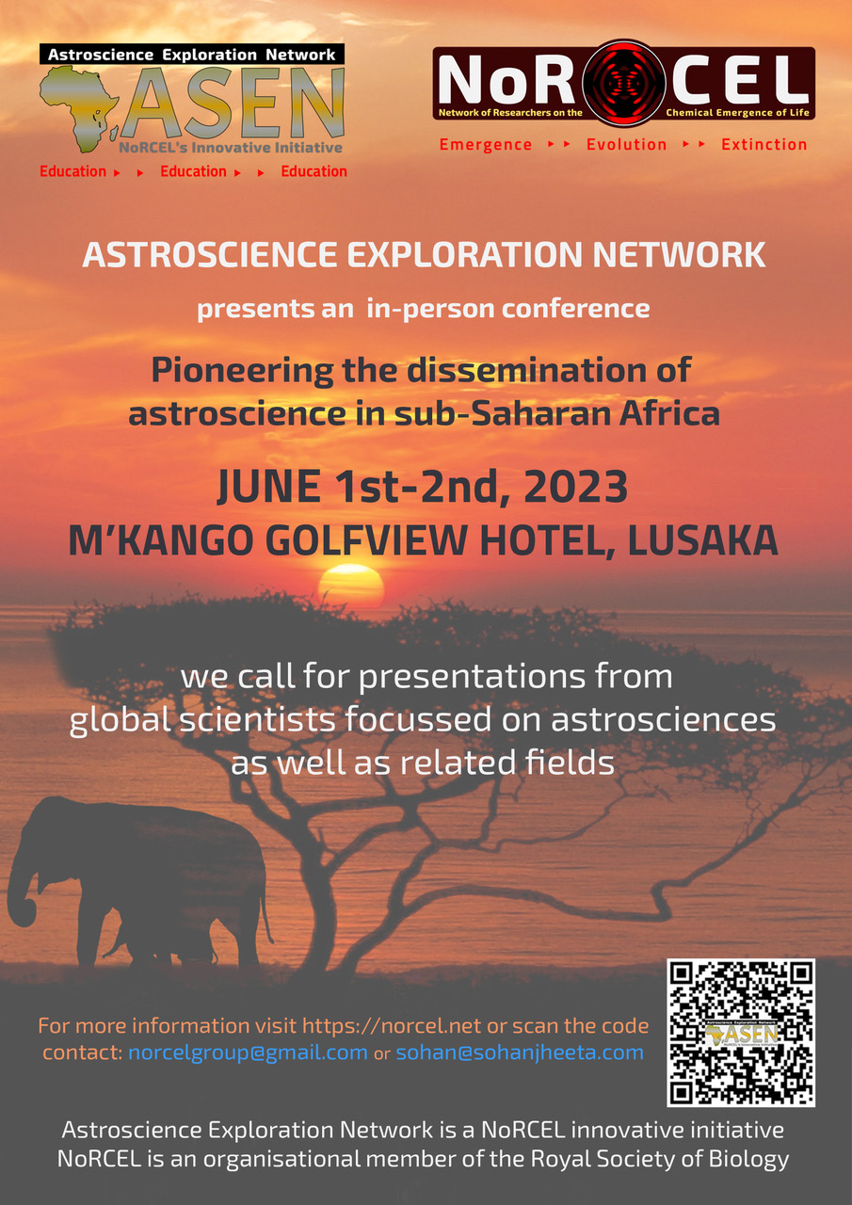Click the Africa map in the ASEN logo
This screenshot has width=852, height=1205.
tap(78, 107)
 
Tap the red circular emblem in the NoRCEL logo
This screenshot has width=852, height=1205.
tap(624, 84)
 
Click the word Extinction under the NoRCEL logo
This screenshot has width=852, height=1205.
tap(764, 145)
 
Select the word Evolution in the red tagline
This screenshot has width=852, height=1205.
tap(627, 145)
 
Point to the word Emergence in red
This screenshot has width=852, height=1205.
tap(486, 145)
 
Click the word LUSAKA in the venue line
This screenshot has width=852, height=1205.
tap(702, 540)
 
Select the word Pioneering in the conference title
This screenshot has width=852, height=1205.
tap(242, 371)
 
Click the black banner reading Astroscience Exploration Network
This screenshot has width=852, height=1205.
tap(192, 54)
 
